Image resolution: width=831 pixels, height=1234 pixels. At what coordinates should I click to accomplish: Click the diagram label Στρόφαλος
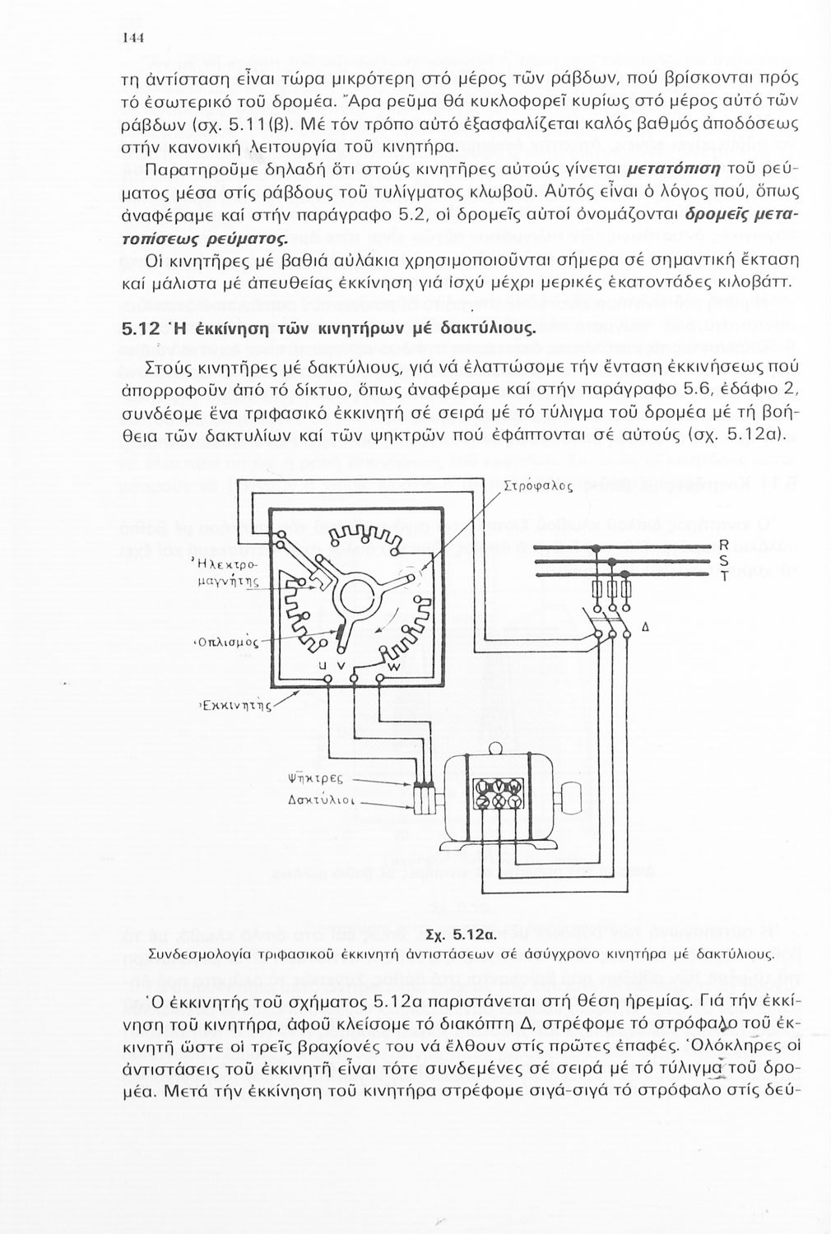pos(536,485)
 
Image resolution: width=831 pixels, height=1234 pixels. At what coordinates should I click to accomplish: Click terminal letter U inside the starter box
pos(323,665)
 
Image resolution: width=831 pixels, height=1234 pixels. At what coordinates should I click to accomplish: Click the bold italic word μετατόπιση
pos(673,169)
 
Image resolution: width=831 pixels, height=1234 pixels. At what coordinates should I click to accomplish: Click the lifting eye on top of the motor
pos(497,750)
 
